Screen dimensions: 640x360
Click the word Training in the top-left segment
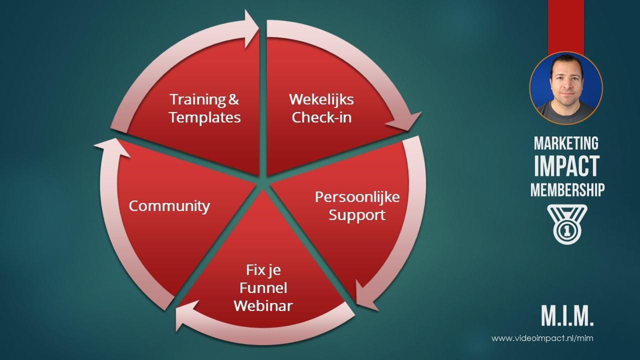(197, 99)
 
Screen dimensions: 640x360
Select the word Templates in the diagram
(205, 117)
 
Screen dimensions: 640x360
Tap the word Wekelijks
(321, 100)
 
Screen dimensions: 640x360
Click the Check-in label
(321, 117)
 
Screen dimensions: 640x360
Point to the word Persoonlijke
(357, 197)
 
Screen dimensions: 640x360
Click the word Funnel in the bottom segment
(263, 287)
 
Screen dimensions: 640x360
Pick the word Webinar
(263, 305)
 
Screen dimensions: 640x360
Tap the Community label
(169, 206)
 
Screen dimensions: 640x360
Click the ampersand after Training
(233, 99)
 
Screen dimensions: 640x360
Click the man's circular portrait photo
(566, 88)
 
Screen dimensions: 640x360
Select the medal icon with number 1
(567, 224)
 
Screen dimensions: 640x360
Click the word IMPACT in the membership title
(566, 166)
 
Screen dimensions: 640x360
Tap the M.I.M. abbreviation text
(567, 315)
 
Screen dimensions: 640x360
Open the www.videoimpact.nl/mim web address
(542, 338)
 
